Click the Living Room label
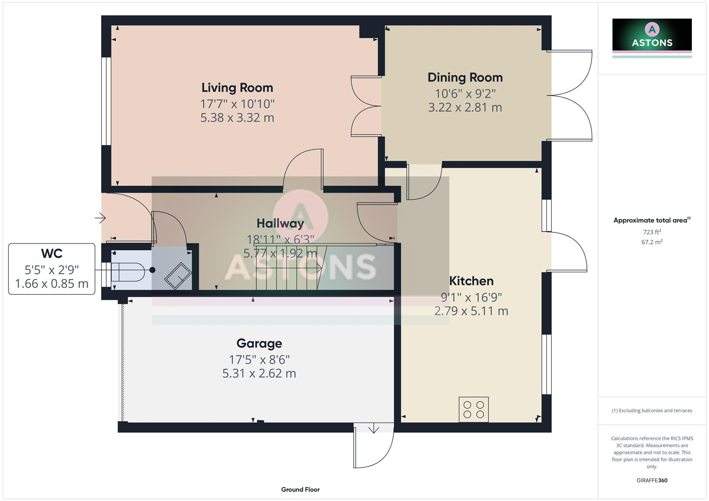pos(237,88)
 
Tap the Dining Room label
pos(465,77)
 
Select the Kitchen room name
pos(471,281)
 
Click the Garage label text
pos(259,344)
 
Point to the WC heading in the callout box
pos(52,254)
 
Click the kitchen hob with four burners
pos(473,409)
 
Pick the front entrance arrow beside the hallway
pos(100,218)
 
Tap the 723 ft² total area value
pos(651,232)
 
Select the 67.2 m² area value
pos(651,242)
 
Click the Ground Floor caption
pos(300,489)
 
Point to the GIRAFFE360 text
pos(651,480)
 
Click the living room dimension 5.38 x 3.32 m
pos(237,118)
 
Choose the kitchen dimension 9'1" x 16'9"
pos(471,297)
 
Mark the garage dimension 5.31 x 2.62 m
pos(259,373)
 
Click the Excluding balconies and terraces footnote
pos(651,411)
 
